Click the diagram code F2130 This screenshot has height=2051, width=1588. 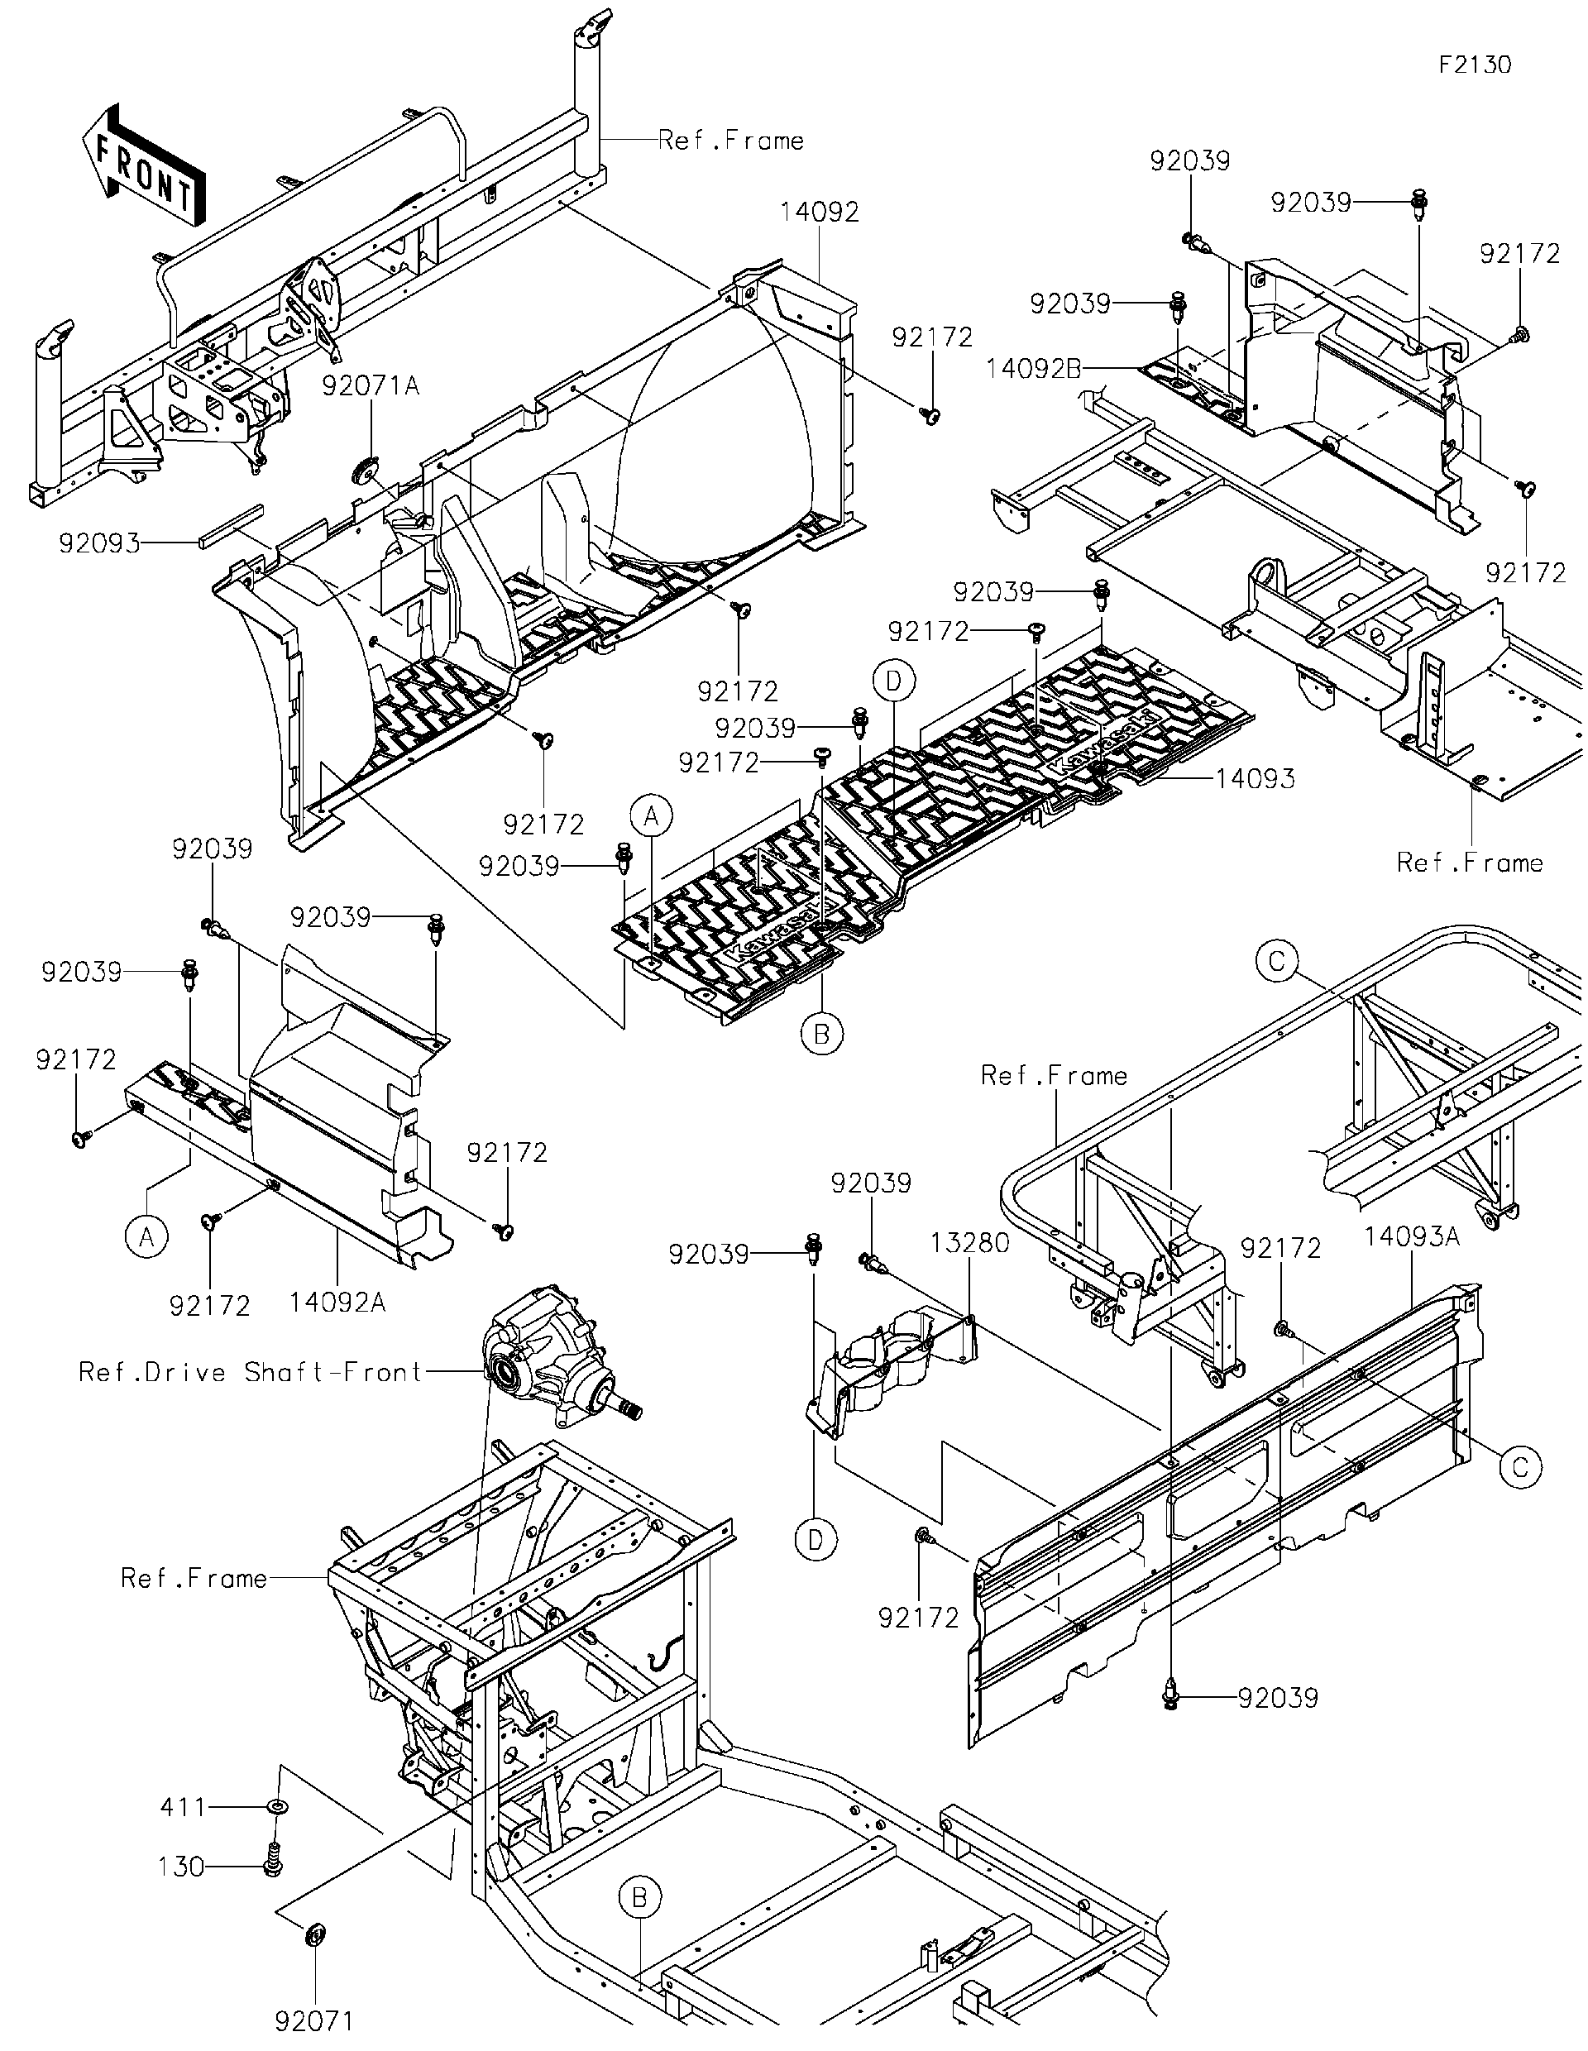tap(1475, 65)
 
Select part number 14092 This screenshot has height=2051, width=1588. tap(819, 213)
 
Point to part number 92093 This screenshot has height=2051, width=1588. tap(99, 543)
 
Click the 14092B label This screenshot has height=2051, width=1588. tap(1033, 369)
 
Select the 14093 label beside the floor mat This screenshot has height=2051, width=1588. tap(1255, 777)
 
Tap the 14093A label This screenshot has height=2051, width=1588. tap(1412, 1236)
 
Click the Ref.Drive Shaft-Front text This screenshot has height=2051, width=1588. tap(251, 1372)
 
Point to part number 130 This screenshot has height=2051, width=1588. tap(181, 1866)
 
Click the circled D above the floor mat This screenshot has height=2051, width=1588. tap(893, 681)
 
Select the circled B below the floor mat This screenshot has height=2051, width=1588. tap(821, 1034)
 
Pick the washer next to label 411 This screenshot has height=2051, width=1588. tap(278, 1807)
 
